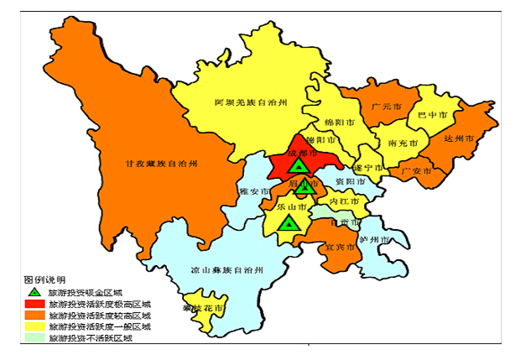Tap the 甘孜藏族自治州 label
(160, 164)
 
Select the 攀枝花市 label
(204, 309)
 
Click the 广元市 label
(383, 108)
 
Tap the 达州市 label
(459, 138)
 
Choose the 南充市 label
(405, 143)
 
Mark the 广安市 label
(416, 171)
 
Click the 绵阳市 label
(340, 122)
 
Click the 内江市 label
(344, 202)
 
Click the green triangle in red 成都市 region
(299, 165)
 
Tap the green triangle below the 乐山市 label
(289, 223)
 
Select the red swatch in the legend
(34, 303)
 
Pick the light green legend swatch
(34, 338)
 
